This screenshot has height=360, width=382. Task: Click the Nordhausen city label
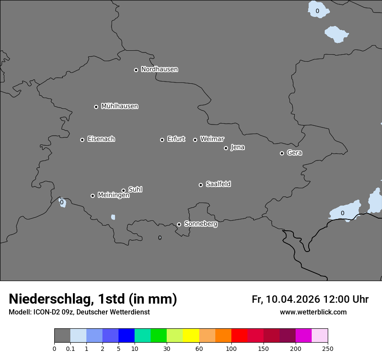[x=159, y=69]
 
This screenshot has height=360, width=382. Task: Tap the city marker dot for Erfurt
[x=162, y=140]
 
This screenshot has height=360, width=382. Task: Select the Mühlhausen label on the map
[x=119, y=106]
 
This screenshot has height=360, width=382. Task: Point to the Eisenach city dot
[x=82, y=140]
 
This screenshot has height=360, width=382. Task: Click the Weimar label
[x=212, y=139]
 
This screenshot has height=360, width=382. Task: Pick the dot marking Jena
[x=226, y=148]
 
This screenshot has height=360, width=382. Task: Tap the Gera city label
[x=294, y=153]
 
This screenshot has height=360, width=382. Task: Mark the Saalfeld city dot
[x=201, y=185]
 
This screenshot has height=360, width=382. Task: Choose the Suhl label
[x=135, y=190]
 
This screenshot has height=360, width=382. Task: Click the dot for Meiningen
[x=92, y=196]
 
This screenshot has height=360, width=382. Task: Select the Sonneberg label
[x=201, y=224]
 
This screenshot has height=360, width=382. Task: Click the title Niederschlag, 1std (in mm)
[x=93, y=299]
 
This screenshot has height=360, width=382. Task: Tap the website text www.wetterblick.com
[x=313, y=312]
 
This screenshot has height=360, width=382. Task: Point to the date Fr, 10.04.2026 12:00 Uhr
[x=310, y=299]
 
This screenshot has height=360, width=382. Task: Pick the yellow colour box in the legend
[x=191, y=336]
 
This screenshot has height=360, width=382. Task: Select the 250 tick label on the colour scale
[x=328, y=348]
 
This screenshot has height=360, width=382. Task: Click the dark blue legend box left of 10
[x=126, y=336]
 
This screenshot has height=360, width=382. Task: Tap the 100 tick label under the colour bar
[x=231, y=348]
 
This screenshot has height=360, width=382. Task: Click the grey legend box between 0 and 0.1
[x=62, y=336]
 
